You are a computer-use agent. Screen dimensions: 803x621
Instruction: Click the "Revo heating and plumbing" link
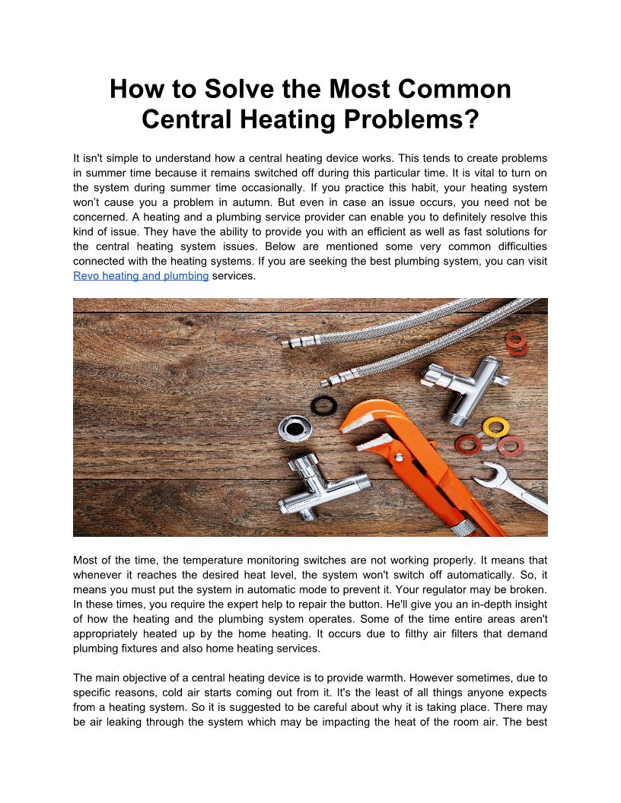tap(141, 276)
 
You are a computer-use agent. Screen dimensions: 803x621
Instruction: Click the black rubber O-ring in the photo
tap(323, 405)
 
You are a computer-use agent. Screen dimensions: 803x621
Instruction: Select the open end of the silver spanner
tap(487, 473)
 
